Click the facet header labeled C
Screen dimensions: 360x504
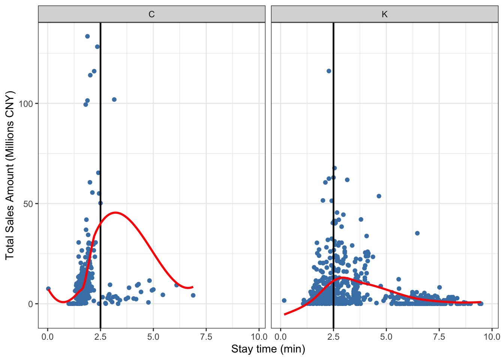click(x=151, y=15)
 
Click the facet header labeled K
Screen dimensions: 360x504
click(x=384, y=15)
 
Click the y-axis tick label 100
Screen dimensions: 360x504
click(x=26, y=103)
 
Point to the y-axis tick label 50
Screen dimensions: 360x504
click(x=28, y=204)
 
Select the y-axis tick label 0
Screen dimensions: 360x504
click(x=31, y=304)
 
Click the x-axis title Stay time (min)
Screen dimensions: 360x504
click(x=268, y=349)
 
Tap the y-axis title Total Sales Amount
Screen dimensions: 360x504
click(x=10, y=175)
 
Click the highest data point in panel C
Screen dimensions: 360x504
click(x=87, y=36)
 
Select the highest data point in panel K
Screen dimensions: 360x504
click(x=329, y=71)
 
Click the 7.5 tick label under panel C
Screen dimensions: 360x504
click(x=206, y=337)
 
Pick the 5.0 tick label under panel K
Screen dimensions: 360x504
click(x=386, y=337)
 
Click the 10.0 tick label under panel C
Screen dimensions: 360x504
click(x=259, y=337)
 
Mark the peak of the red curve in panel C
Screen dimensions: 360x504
click(x=115, y=213)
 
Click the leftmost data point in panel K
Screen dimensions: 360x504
click(x=284, y=300)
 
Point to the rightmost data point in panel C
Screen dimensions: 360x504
click(x=193, y=295)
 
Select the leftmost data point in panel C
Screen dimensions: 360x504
click(x=48, y=289)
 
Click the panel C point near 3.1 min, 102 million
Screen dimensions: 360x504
click(x=114, y=99)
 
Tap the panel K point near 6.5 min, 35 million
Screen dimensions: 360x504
click(x=417, y=233)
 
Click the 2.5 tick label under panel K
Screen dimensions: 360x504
click(x=333, y=337)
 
